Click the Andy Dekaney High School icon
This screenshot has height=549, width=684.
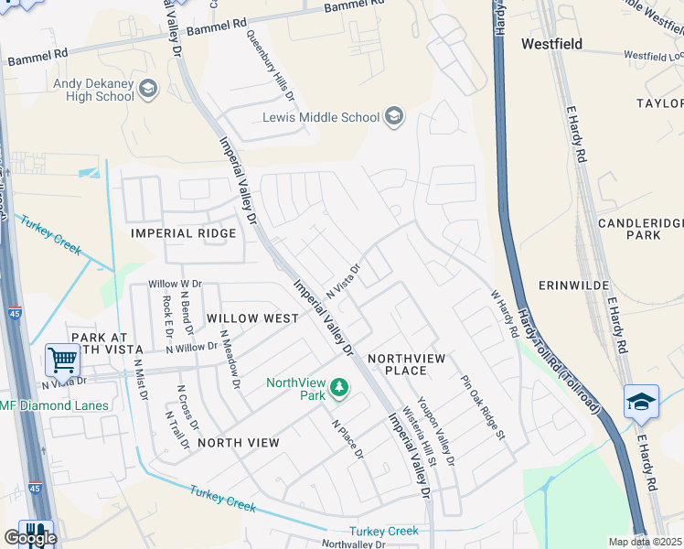[148, 90]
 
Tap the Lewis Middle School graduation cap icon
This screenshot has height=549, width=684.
[393, 116]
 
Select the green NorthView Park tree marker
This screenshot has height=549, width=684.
[339, 389]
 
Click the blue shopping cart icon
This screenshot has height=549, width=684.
[61, 360]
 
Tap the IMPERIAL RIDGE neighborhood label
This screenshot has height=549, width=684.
[183, 233]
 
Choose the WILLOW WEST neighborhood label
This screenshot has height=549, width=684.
[251, 318]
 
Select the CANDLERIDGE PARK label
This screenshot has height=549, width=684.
[641, 229]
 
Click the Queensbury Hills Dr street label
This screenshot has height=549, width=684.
[270, 65]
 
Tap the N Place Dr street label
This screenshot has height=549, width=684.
[347, 440]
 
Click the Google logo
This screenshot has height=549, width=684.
[30, 537]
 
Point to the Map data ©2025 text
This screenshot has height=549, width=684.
[645, 542]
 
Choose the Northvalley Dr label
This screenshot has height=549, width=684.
[354, 544]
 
